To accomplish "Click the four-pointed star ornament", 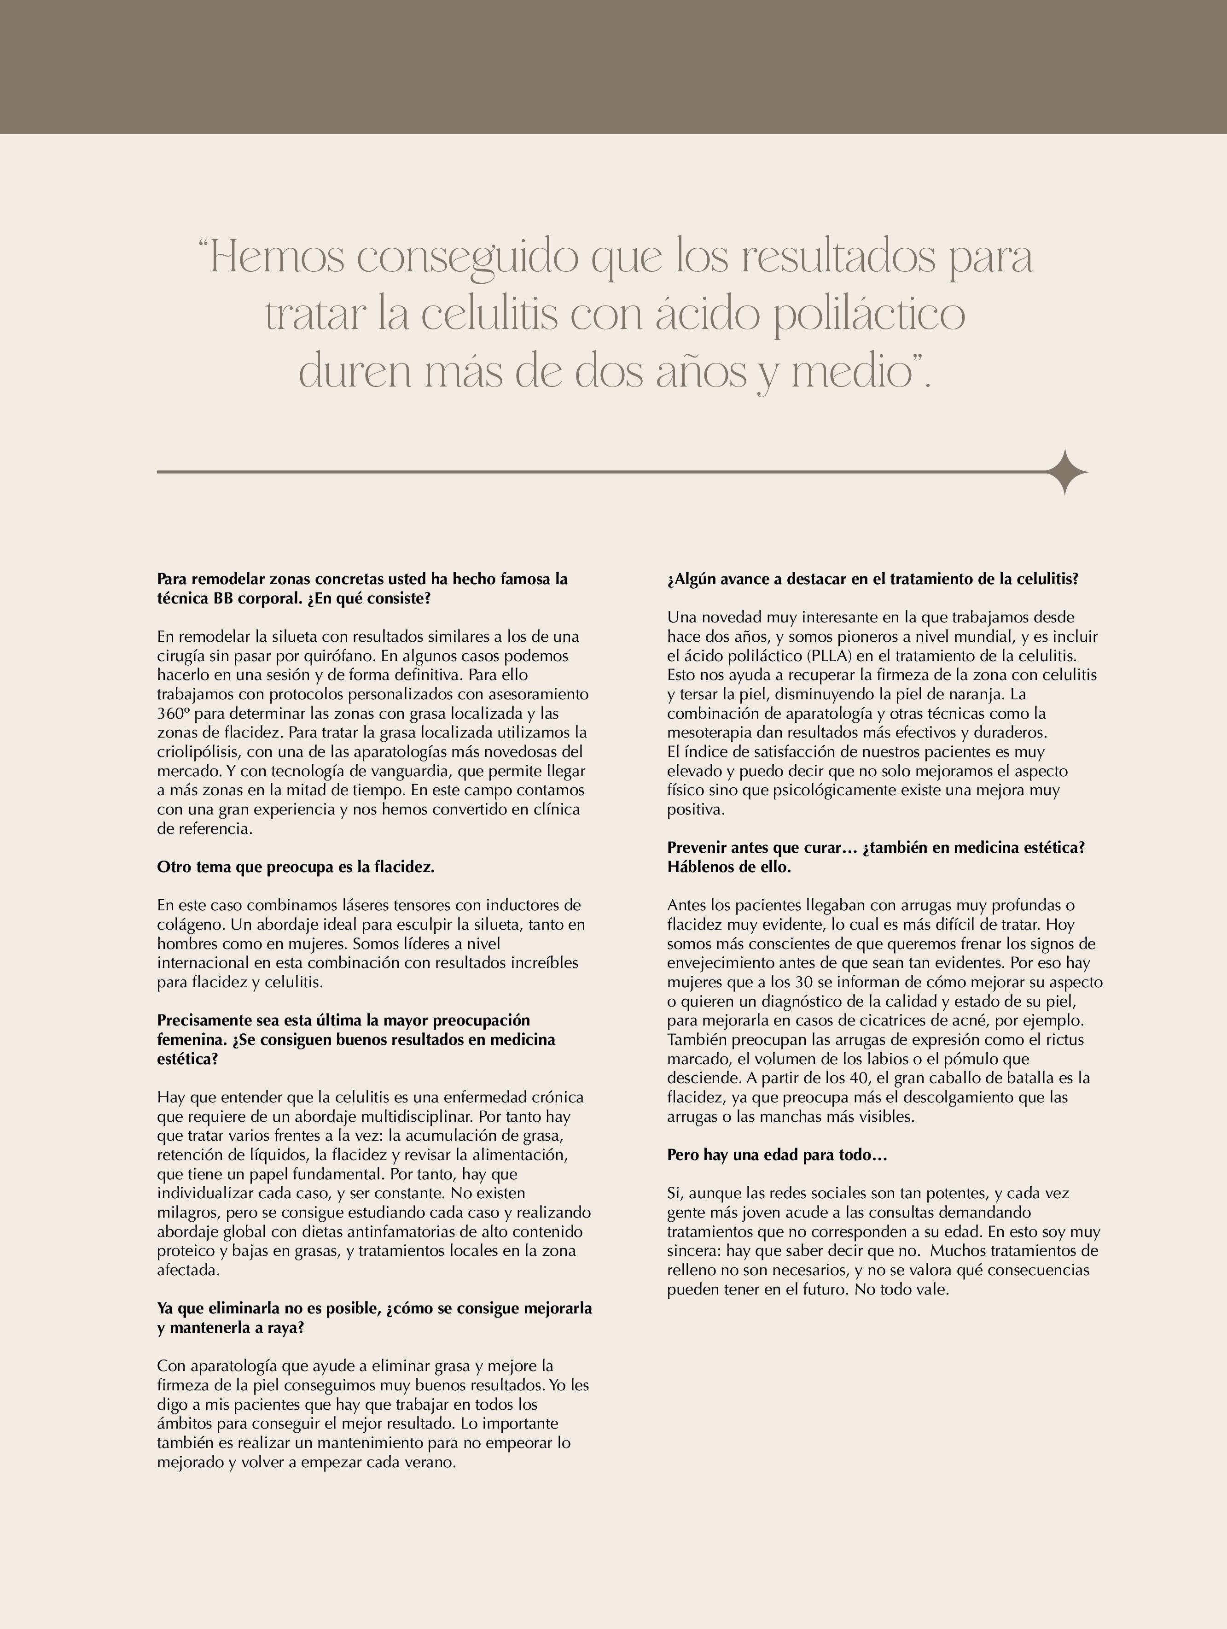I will tap(1064, 472).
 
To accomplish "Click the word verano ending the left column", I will tap(430, 1462).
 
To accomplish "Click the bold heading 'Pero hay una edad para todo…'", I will tap(777, 1155).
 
